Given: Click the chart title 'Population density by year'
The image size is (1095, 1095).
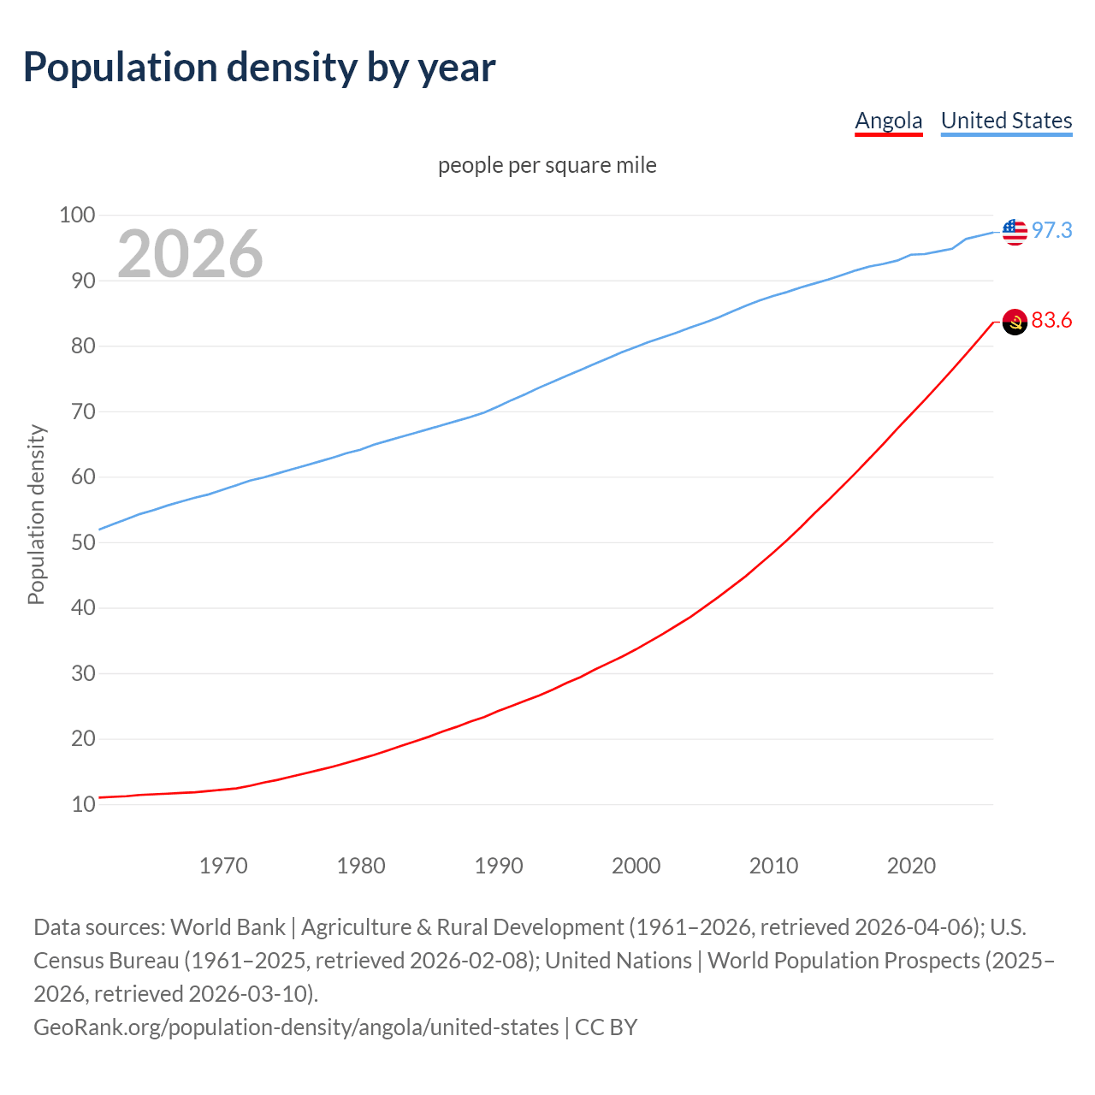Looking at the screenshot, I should tap(259, 68).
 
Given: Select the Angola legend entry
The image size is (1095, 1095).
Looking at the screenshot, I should tap(889, 121).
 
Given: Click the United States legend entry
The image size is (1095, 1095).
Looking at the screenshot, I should tap(1006, 121).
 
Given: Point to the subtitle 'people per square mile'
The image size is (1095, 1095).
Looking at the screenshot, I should tap(547, 165).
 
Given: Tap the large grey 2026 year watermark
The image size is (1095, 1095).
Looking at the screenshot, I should tap(190, 253).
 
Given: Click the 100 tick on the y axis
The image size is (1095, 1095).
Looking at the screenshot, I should tap(77, 215).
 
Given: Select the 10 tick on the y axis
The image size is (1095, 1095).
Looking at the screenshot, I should tap(83, 804).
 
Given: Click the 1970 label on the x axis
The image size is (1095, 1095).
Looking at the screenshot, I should tap(223, 866).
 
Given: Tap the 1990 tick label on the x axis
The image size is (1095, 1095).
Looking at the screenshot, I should tap(499, 866).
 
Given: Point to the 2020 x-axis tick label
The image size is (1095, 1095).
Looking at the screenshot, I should tap(911, 866).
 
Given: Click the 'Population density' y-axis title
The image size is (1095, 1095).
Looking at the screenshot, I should tap(36, 514).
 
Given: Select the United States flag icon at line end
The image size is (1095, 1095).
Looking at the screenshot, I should tap(1015, 231).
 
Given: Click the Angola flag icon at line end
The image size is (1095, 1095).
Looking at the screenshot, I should tap(1015, 322).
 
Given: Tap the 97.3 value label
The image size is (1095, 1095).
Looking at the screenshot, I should tap(1051, 230).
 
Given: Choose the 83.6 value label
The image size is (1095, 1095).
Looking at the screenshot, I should tap(1051, 321).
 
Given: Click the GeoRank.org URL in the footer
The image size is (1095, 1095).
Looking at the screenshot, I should tap(296, 1027).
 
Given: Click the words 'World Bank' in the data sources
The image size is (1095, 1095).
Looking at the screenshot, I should tap(228, 927).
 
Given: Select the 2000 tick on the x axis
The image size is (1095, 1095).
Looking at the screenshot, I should tap(636, 866).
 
